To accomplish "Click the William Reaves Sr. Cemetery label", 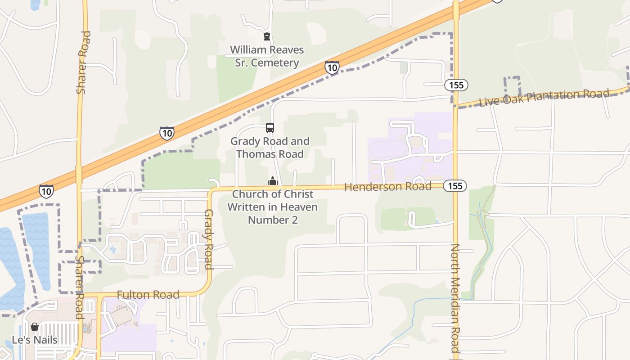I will point(267,56).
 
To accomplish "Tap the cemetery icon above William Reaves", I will point(267,36).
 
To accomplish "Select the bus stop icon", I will point(270,128).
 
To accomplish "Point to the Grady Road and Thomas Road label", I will point(270,148).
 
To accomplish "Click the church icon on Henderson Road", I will point(273,181).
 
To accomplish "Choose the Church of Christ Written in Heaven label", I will point(273,207).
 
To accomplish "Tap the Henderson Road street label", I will point(387,186).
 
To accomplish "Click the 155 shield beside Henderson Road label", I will point(455,186).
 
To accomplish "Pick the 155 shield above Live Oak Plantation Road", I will point(456,85).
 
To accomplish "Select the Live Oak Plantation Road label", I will point(544,98).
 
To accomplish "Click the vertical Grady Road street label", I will point(208,239).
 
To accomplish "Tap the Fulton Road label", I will point(148,295).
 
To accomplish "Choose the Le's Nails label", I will point(35,340).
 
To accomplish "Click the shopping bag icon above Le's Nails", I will point(35,327).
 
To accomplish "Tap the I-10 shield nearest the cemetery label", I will point(332,68).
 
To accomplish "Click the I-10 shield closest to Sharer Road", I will point(46,191).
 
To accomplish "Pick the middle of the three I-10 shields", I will point(167,133).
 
